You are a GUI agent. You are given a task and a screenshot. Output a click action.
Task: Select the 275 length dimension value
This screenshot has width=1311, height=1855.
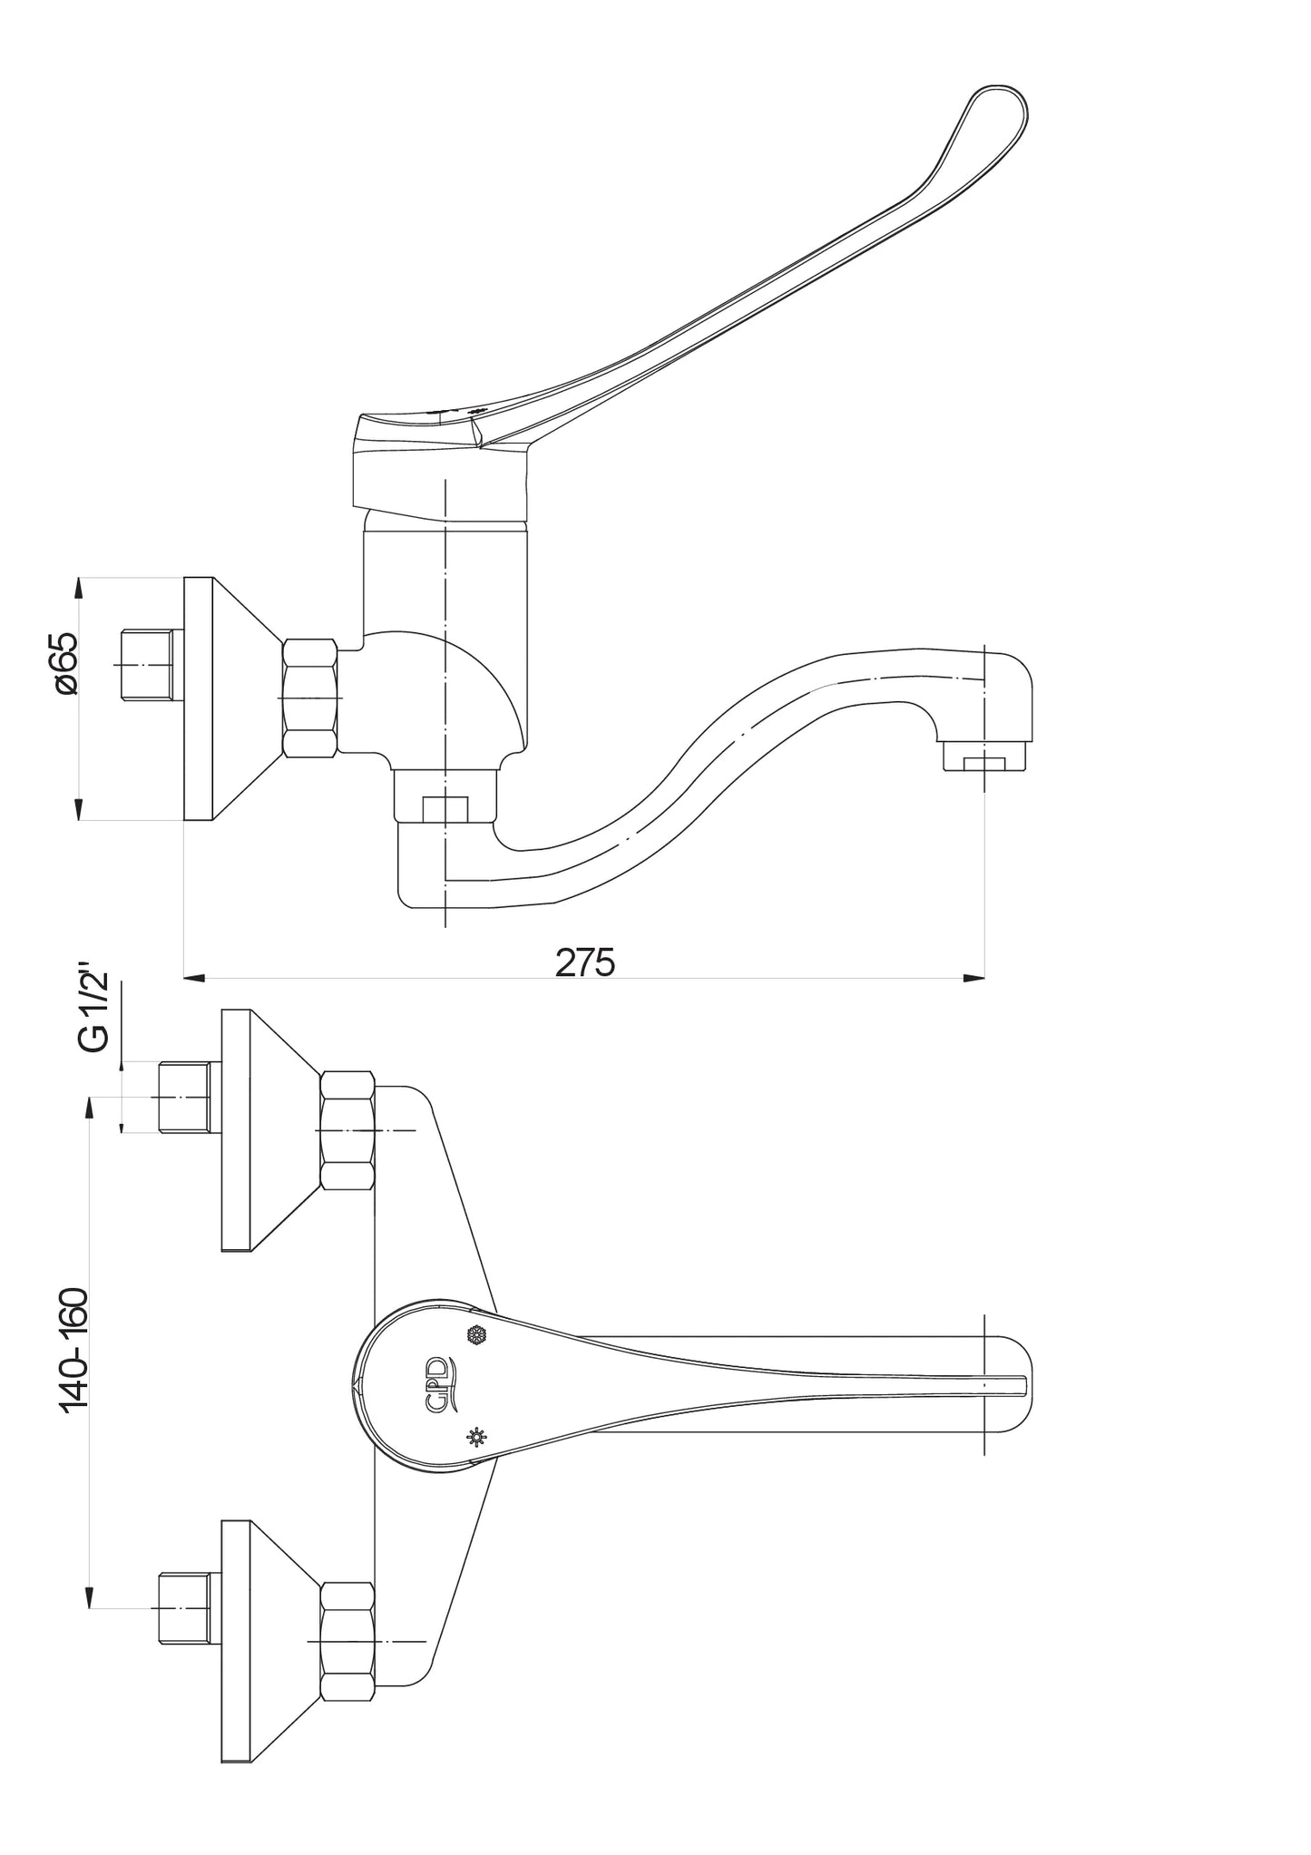[x=585, y=962]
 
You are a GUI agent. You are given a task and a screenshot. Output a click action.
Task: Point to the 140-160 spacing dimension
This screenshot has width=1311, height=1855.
[x=73, y=1363]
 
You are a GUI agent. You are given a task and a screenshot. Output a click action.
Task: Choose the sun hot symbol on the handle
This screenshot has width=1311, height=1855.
[x=475, y=1436]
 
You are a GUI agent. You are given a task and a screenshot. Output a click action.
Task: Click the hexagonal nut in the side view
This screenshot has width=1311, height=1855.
[x=310, y=698]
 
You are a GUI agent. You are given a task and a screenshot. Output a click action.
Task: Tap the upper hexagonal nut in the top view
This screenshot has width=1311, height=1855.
[x=347, y=1130]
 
